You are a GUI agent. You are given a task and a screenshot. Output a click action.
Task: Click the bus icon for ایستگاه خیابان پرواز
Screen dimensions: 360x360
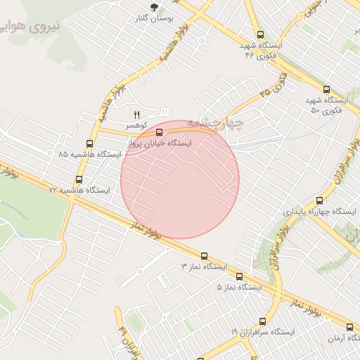click(159, 131)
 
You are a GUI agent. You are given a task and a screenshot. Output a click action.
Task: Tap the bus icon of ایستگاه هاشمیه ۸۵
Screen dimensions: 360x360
click(89, 143)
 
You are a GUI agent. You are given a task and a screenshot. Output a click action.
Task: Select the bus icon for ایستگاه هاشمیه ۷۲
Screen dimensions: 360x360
click(79, 179)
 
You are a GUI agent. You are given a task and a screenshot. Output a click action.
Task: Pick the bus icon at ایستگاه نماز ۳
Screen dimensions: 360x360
click(204, 256)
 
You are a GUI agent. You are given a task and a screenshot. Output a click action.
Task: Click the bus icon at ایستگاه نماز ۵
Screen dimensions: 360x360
click(239, 276)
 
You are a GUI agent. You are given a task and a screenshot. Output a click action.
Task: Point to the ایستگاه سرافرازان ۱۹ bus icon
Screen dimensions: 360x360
click(262, 321)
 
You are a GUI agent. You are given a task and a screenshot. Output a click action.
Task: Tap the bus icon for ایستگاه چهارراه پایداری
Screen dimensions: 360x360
click(320, 200)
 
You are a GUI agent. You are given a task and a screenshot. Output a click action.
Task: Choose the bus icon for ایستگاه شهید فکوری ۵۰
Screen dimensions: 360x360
click(326, 89)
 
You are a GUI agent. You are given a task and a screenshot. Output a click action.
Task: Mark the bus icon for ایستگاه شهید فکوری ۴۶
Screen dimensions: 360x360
click(260, 34)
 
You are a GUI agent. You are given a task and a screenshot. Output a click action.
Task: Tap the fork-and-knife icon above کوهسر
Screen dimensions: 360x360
click(137, 114)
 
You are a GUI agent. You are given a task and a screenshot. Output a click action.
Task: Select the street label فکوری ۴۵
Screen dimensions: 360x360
click(274, 84)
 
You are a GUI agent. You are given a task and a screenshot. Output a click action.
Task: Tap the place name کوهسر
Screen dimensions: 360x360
click(136, 124)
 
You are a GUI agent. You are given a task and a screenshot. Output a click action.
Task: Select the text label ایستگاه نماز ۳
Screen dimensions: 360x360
click(205, 267)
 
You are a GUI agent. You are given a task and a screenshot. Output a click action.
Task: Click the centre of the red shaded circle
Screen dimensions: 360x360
click(180, 179)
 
